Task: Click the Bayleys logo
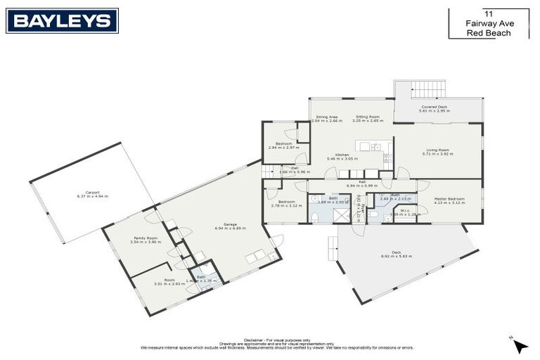(62, 20)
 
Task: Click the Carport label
(92, 193)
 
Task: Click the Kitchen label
(342, 155)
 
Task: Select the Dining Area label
(326, 117)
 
